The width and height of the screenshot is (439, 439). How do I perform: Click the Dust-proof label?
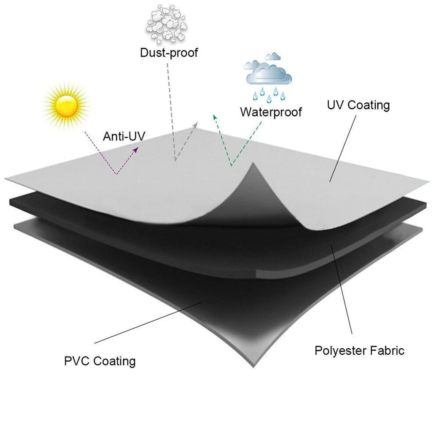click(x=169, y=53)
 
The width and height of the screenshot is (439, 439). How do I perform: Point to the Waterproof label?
click(x=271, y=112)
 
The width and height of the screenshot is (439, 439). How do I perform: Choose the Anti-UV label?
click(x=124, y=136)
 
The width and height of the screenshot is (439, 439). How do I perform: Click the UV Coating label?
click(x=358, y=105)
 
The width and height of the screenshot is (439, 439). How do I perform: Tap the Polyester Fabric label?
click(x=359, y=351)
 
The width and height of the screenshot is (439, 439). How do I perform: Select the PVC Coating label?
click(x=100, y=361)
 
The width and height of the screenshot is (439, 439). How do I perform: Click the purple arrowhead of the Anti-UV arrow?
click(x=136, y=149)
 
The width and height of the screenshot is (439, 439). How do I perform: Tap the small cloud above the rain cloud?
click(x=273, y=56)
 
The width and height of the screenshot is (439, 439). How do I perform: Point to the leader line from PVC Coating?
click(x=148, y=323)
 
